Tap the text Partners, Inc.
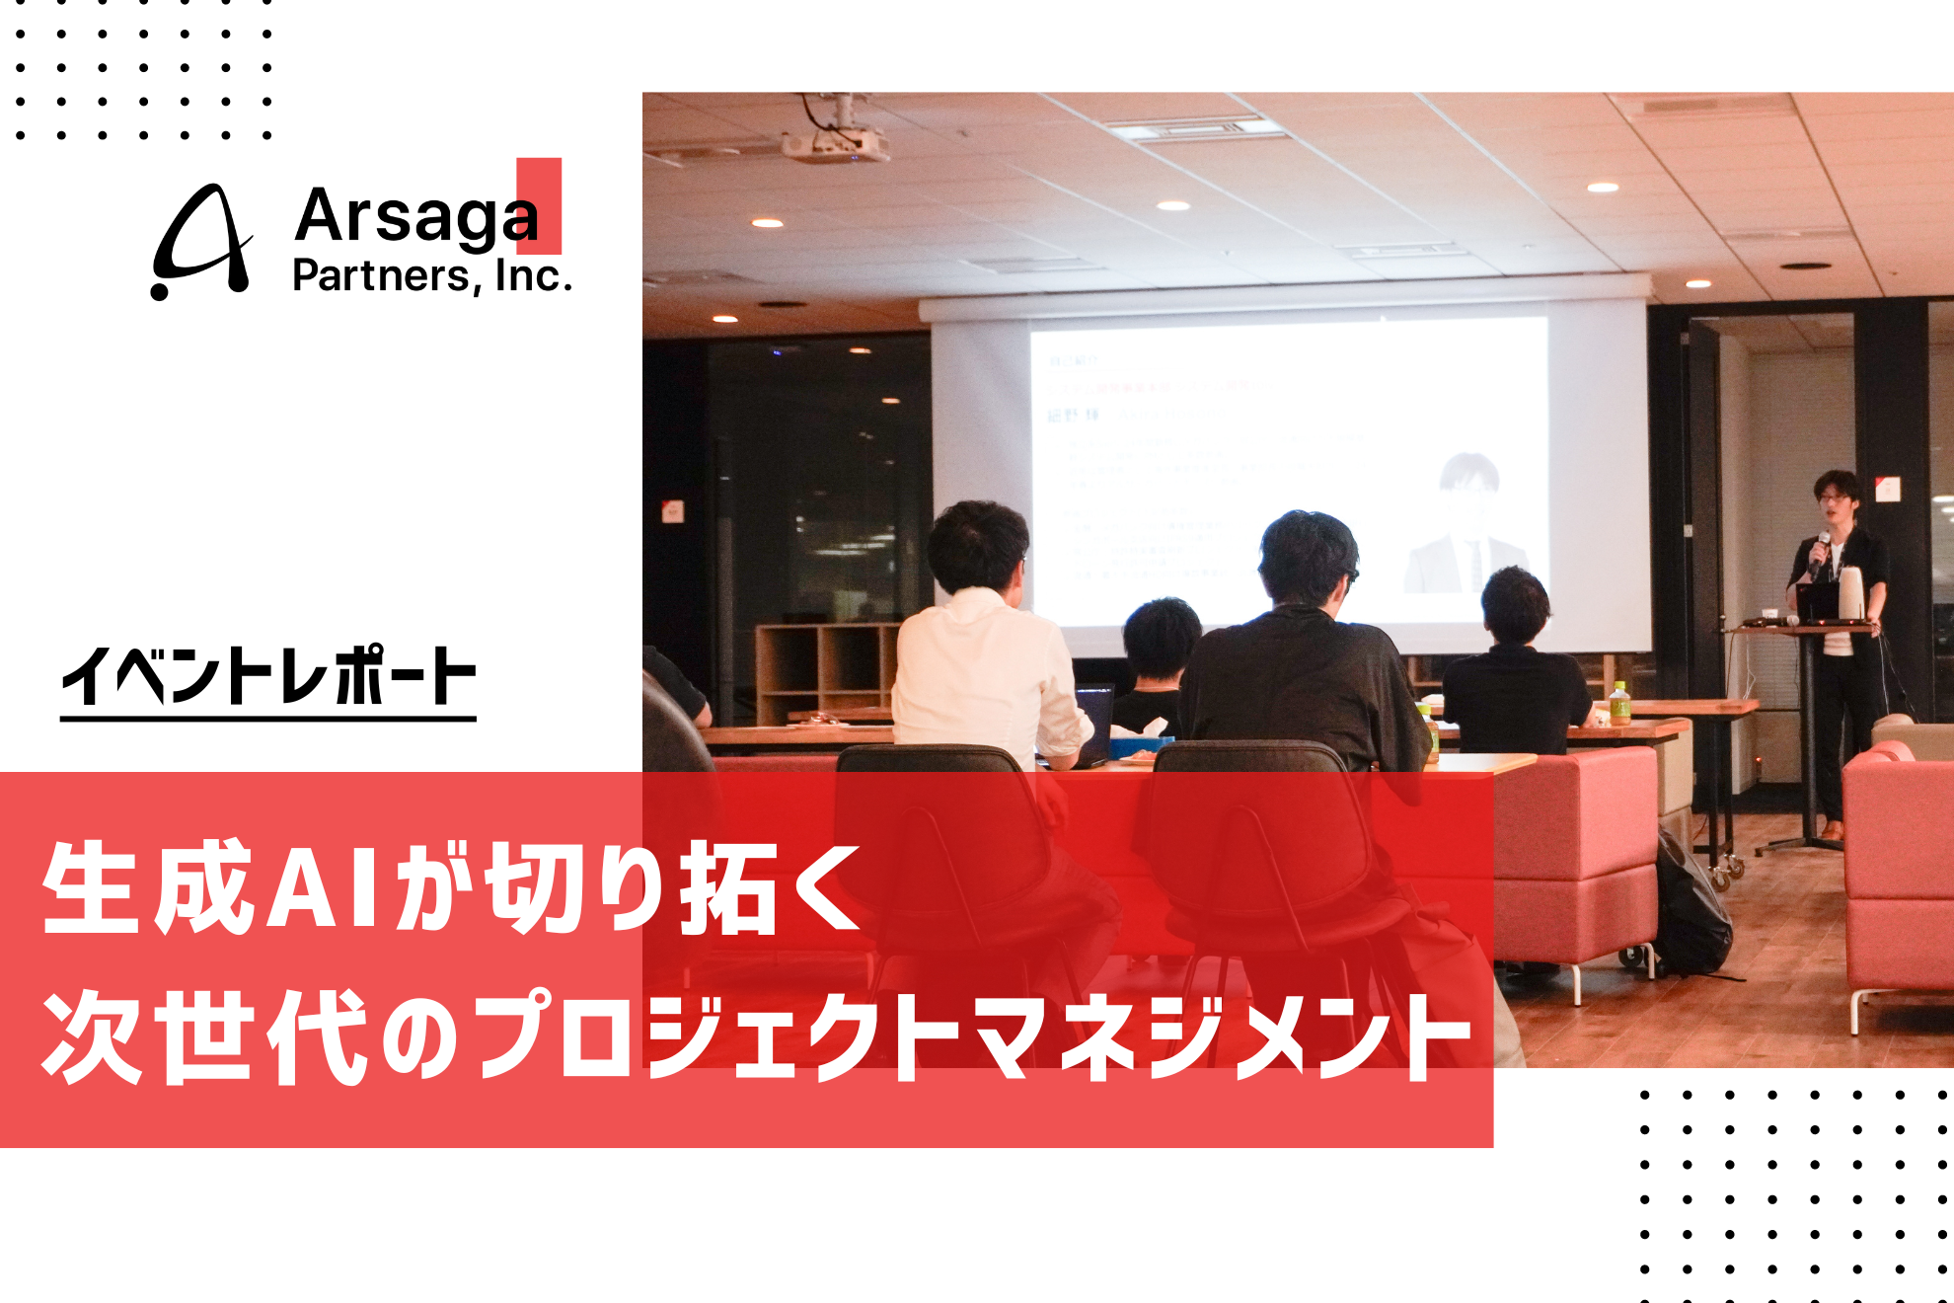(x=431, y=276)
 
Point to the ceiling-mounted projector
(x=835, y=142)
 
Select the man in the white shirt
(x=982, y=651)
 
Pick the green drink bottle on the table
(x=1619, y=704)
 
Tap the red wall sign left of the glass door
(x=672, y=511)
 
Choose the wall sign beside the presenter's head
(x=1887, y=488)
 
